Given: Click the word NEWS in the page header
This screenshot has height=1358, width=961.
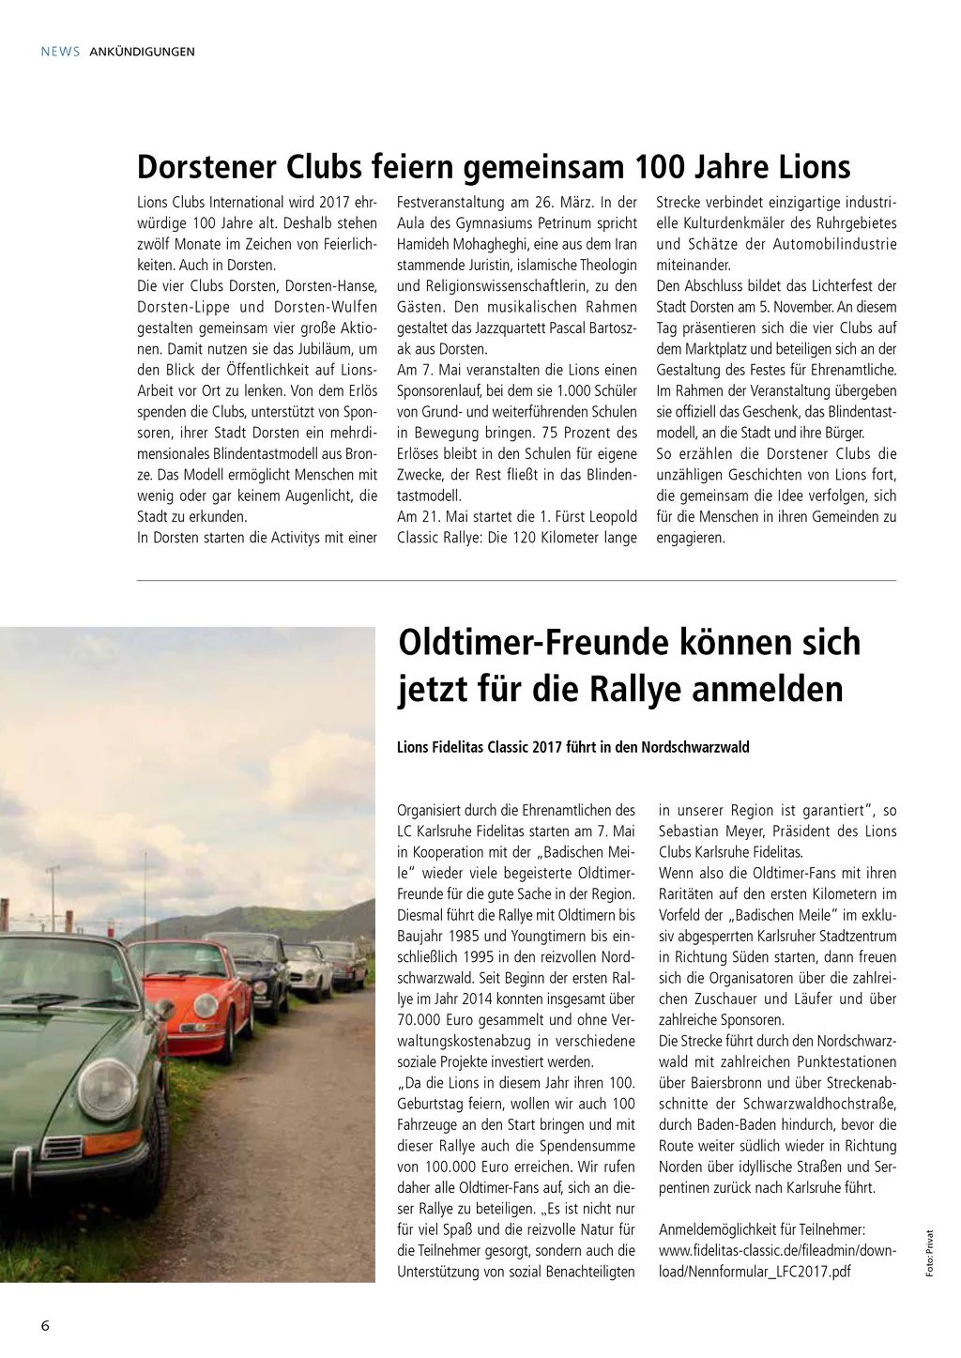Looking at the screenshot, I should coord(60,52).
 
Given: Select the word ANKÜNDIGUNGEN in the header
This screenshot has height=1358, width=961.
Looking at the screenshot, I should coord(143,52).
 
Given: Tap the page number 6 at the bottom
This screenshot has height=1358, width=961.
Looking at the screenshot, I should coord(45,1325).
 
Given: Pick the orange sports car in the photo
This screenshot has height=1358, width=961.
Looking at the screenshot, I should coord(188,995).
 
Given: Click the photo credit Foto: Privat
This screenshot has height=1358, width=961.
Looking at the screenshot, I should coord(930,1253).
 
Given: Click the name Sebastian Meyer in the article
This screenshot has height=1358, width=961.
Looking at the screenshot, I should coord(710,832).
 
